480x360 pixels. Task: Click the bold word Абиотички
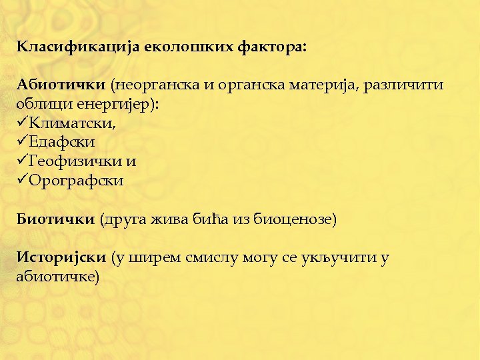click(x=61, y=85)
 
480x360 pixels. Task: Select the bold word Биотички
click(x=55, y=219)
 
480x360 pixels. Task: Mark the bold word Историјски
click(x=61, y=257)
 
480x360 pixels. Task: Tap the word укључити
click(x=334, y=257)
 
